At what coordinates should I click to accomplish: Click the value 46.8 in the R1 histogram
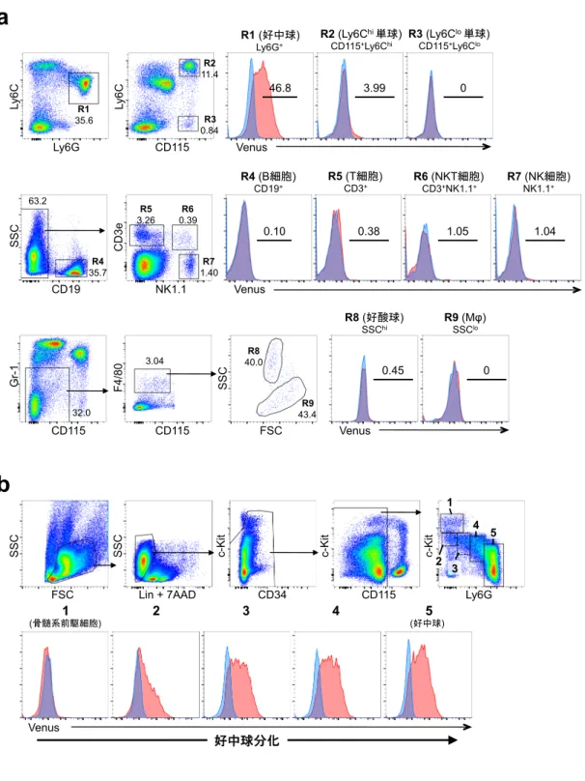(280, 88)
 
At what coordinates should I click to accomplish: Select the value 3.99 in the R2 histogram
(375, 88)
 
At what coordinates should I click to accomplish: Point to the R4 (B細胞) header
(268, 176)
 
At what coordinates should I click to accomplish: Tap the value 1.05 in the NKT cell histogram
(458, 231)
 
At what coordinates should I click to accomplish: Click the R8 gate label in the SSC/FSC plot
(253, 351)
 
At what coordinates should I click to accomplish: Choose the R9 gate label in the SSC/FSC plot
(307, 403)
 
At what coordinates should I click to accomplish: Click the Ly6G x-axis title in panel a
(67, 148)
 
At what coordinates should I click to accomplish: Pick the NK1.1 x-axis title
(171, 289)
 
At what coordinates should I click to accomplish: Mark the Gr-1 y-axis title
(14, 376)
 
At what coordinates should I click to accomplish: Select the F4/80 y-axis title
(119, 377)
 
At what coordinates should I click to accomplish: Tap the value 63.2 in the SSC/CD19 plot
(38, 201)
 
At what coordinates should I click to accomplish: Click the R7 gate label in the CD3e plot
(209, 262)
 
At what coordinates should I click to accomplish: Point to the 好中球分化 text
(247, 740)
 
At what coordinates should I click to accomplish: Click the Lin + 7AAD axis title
(167, 594)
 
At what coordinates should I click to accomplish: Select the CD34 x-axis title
(271, 594)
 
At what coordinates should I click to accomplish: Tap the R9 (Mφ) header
(465, 318)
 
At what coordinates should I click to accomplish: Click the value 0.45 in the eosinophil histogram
(393, 370)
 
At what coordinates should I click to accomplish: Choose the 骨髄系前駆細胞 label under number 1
(66, 623)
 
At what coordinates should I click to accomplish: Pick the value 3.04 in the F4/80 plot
(154, 361)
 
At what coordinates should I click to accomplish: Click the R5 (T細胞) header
(355, 176)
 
